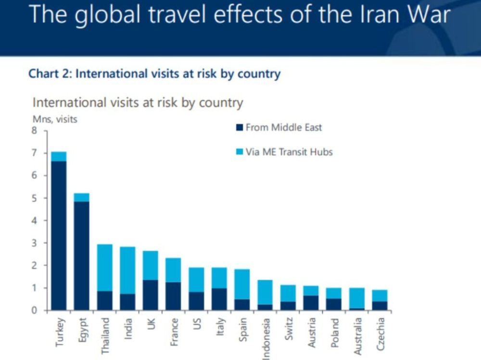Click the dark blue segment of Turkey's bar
pos(59,236)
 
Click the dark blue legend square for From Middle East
pos(239,128)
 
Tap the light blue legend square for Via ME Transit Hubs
pos(239,152)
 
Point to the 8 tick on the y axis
pos(34,131)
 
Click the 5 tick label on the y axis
pos(34,198)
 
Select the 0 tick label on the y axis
pos(34,310)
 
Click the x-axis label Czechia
pos(379,332)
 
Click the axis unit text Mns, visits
pos(55,120)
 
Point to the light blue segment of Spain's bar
pos(242,284)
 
